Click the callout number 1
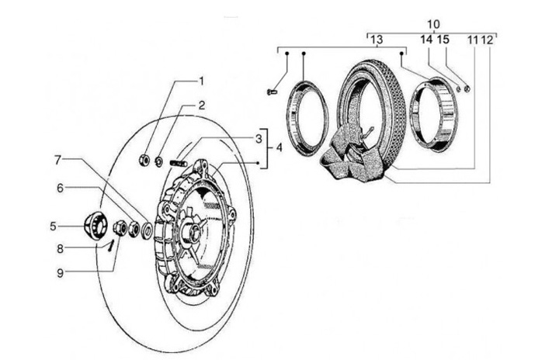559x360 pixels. coord(201,81)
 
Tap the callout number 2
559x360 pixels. coord(202,106)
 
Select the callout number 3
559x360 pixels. coord(259,140)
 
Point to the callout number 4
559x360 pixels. coord(279,147)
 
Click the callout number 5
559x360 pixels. coord(53,226)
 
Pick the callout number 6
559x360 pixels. coord(60,188)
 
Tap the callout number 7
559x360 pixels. coord(57,160)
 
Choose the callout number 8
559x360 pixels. coord(60,249)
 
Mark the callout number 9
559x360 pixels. coord(60,273)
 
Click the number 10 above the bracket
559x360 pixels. coord(433,25)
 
